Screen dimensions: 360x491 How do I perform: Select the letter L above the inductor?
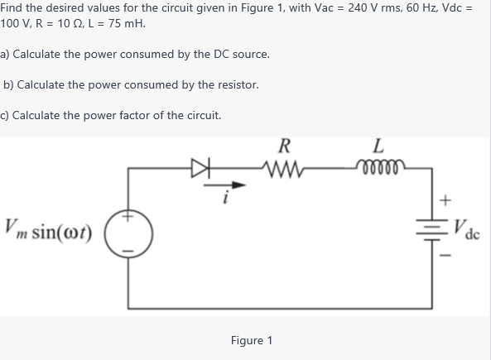[x=378, y=148]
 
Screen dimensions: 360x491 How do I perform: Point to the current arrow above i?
[x=237, y=185]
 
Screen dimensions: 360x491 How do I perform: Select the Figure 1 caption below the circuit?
[x=251, y=340]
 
